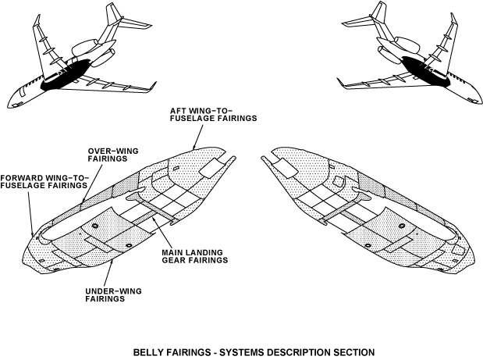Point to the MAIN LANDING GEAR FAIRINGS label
coord(194,256)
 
